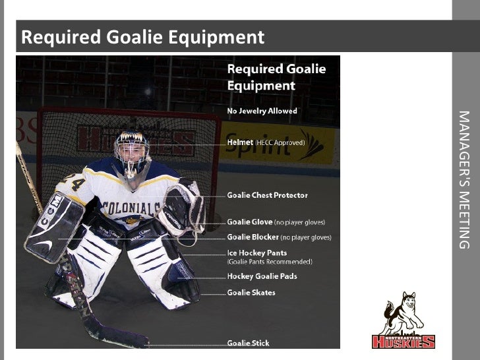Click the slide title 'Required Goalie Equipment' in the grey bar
(142, 37)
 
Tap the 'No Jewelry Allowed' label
(262, 111)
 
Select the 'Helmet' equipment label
(240, 142)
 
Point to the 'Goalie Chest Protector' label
(267, 196)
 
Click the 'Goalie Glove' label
(249, 222)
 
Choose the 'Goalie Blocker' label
(253, 237)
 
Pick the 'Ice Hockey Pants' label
(256, 253)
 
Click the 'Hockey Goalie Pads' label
(262, 276)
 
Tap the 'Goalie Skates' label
(251, 293)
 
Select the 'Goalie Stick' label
(248, 343)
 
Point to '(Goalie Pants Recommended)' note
(270, 262)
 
